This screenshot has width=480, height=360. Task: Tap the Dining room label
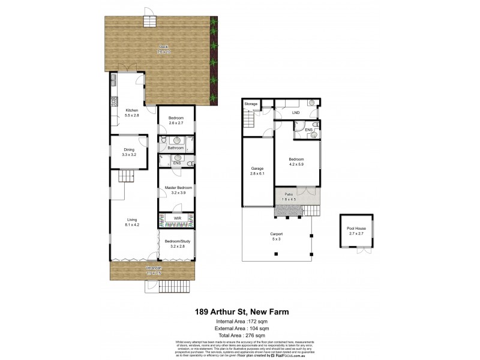pyautogui.click(x=129, y=150)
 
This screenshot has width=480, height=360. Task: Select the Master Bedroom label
pyautogui.click(x=178, y=188)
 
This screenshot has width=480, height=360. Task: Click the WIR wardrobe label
pyautogui.click(x=178, y=218)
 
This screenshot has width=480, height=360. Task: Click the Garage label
pyautogui.click(x=257, y=169)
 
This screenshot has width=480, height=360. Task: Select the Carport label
pyautogui.click(x=276, y=233)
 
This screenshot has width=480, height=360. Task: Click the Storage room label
pyautogui.click(x=251, y=104)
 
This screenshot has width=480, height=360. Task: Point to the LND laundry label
pyautogui.click(x=295, y=112)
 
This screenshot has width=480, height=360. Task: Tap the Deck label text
pyautogui.click(x=163, y=47)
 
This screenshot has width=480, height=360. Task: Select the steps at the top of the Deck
pyautogui.click(x=149, y=22)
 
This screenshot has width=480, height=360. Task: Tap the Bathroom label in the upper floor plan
pyautogui.click(x=175, y=148)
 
